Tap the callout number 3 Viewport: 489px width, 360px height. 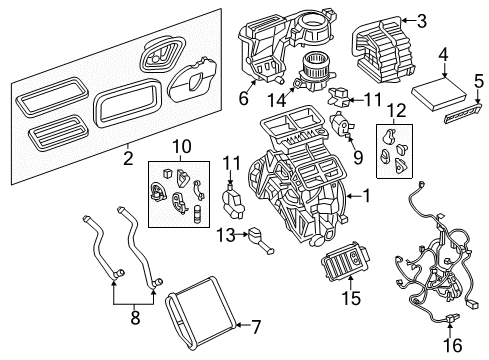point(422,20)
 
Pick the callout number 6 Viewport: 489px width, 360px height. point(241,99)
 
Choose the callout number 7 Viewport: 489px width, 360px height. point(253,326)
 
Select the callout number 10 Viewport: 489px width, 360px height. point(182,147)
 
